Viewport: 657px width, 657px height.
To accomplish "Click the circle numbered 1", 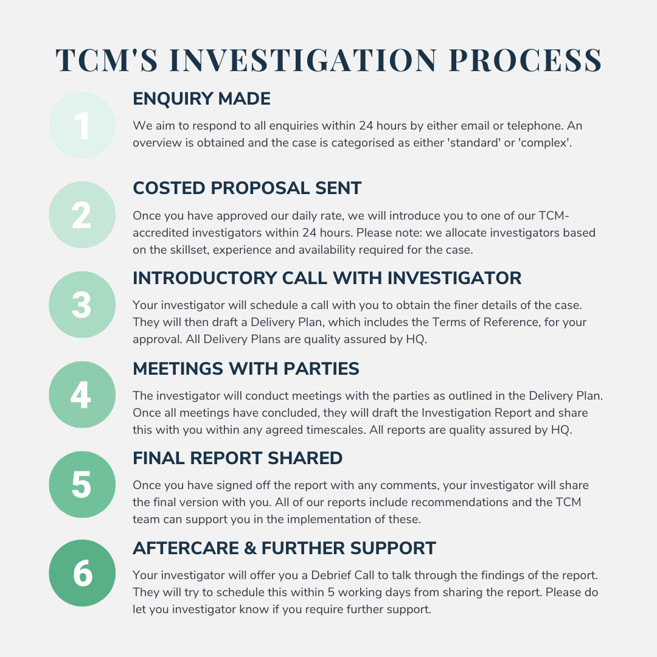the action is (82, 125).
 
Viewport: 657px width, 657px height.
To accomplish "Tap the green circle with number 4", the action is (82, 395).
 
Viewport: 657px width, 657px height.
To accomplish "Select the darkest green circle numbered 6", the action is (82, 573).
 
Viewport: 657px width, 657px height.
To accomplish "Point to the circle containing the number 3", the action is (82, 305).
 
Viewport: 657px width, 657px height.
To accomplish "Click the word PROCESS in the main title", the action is (526, 60).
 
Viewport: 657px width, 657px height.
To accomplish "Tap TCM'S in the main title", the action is (107, 60).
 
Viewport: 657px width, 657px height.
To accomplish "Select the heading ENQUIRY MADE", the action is (201, 99).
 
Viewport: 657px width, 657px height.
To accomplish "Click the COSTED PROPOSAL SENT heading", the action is (247, 188).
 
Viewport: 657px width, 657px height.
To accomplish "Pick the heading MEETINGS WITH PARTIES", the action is (246, 369).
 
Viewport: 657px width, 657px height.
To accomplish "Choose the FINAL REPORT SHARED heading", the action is (238, 459).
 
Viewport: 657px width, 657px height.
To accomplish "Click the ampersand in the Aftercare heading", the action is (250, 548).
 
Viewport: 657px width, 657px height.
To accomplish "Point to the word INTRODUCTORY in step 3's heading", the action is (205, 278).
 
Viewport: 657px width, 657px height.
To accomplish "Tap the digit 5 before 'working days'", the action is (331, 593).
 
